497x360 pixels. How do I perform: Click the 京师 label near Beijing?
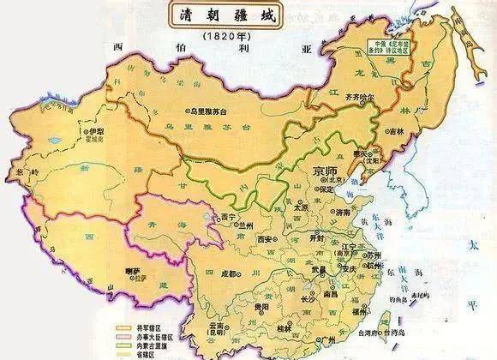click(x=326, y=168)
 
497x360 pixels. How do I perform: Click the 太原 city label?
click(x=300, y=207)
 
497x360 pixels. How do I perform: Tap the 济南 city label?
click(x=342, y=210)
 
